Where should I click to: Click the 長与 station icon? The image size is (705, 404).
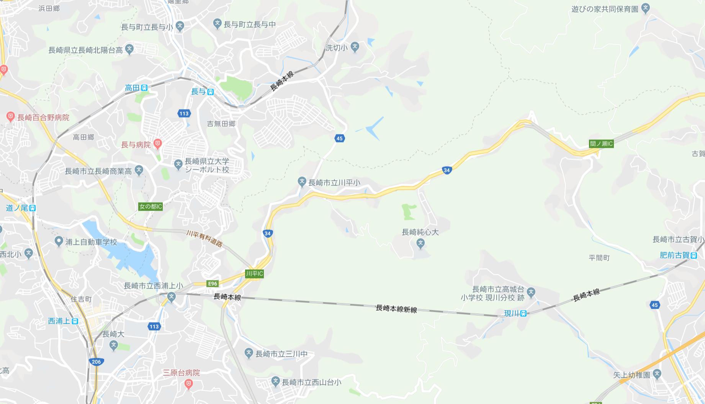210,92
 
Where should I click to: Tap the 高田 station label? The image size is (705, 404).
132,88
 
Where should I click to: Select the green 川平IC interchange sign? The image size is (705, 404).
254,273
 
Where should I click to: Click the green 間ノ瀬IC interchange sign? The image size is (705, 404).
601,144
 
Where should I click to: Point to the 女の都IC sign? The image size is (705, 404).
150,207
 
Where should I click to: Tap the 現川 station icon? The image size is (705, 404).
523,314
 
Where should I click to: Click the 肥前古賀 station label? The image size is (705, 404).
674,255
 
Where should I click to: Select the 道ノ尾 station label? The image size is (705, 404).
17,208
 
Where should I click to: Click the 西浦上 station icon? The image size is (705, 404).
75,321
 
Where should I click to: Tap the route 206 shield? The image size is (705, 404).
96,361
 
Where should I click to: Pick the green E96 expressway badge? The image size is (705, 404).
212,284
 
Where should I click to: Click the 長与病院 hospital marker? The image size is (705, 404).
157,144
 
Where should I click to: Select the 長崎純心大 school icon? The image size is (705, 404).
420,243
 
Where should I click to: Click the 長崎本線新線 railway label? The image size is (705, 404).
396,309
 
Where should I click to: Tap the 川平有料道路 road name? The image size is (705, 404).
204,239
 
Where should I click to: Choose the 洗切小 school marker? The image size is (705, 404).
355,47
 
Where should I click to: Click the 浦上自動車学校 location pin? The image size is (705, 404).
59,242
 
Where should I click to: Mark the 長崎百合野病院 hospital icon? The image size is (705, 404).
10,117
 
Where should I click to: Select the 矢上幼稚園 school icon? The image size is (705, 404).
657,374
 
